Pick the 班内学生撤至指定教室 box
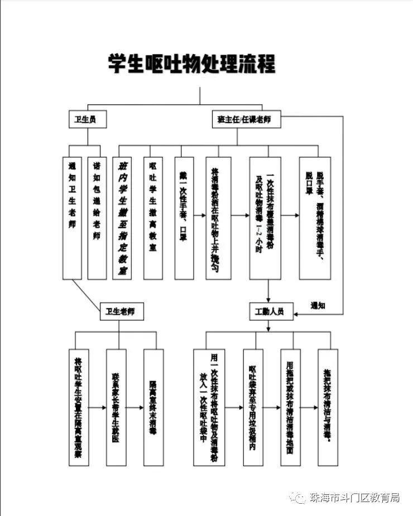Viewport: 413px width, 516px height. point(122,218)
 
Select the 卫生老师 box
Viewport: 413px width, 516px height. point(121,311)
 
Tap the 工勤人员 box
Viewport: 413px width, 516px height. point(270,311)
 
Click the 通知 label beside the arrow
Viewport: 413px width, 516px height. point(318,305)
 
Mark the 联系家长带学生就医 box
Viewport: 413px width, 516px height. point(116,407)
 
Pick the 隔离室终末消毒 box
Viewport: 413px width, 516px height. point(153,407)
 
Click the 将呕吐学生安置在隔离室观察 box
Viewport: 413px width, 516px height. point(79,407)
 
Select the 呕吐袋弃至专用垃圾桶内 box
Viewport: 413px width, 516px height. point(253,407)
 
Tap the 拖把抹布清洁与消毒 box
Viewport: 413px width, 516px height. point(328,407)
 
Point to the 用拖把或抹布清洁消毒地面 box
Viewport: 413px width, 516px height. point(290,407)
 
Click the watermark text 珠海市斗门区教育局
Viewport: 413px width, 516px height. point(354,498)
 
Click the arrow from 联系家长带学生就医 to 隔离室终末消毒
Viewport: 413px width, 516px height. point(135,407)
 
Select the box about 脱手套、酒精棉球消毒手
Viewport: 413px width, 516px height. point(319,218)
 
